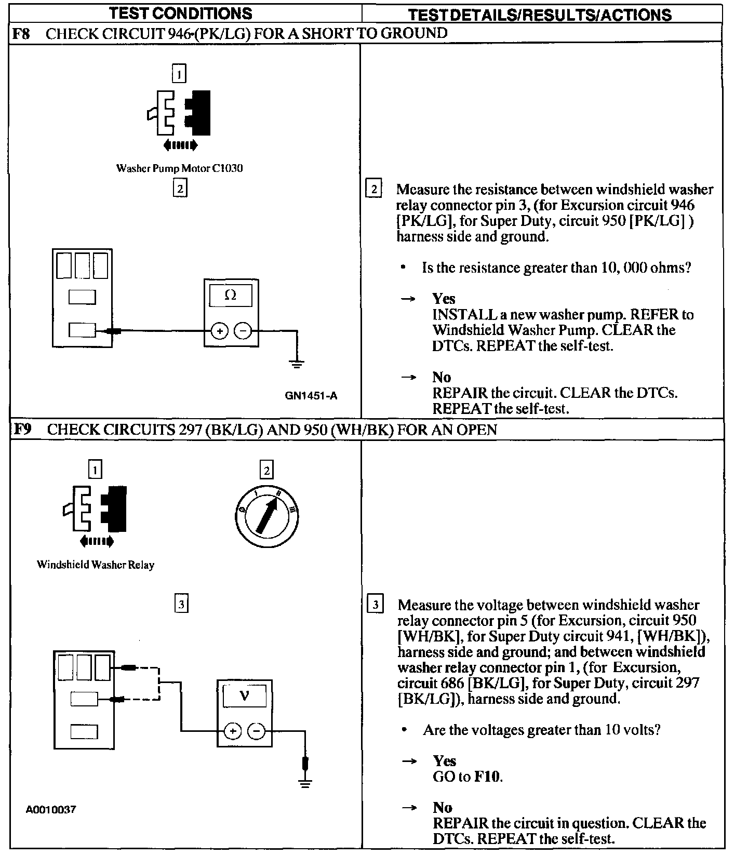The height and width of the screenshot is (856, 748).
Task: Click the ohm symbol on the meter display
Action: click(x=231, y=296)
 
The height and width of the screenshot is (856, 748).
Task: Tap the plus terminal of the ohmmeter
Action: click(x=219, y=331)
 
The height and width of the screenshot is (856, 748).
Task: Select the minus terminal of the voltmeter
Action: click(x=256, y=731)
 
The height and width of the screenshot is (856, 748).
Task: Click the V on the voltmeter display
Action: click(x=245, y=695)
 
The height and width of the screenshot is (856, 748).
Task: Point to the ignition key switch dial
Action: click(x=266, y=516)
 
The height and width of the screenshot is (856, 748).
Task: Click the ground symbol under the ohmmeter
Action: click(x=297, y=364)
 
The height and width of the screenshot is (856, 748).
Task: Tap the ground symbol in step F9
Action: click(x=305, y=783)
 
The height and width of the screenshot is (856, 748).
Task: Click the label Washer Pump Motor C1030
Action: click(x=179, y=168)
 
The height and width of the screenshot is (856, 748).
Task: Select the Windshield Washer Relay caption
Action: click(x=96, y=565)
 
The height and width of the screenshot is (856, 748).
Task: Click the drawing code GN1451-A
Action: click(x=311, y=396)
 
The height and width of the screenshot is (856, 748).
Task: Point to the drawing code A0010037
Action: click(x=51, y=809)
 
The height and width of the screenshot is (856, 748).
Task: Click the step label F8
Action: click(x=21, y=34)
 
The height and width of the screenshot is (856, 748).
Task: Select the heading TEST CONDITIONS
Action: click(x=181, y=13)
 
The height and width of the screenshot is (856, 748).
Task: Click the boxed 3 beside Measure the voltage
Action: click(x=375, y=605)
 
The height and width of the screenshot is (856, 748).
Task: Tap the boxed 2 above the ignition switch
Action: click(x=266, y=471)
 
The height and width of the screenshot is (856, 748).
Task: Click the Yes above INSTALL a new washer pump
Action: click(x=444, y=299)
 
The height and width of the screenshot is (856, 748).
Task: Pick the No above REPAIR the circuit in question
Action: click(x=443, y=807)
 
